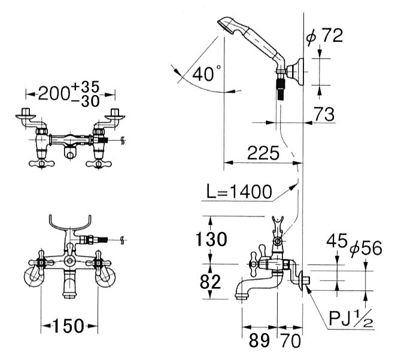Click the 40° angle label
(206, 73)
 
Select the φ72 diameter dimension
(324, 36)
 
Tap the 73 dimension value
(324, 114)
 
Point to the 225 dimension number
(263, 153)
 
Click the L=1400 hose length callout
(239, 191)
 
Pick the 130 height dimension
(211, 239)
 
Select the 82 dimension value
(210, 282)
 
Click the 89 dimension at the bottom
(260, 341)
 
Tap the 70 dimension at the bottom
(290, 341)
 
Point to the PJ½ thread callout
(351, 318)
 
